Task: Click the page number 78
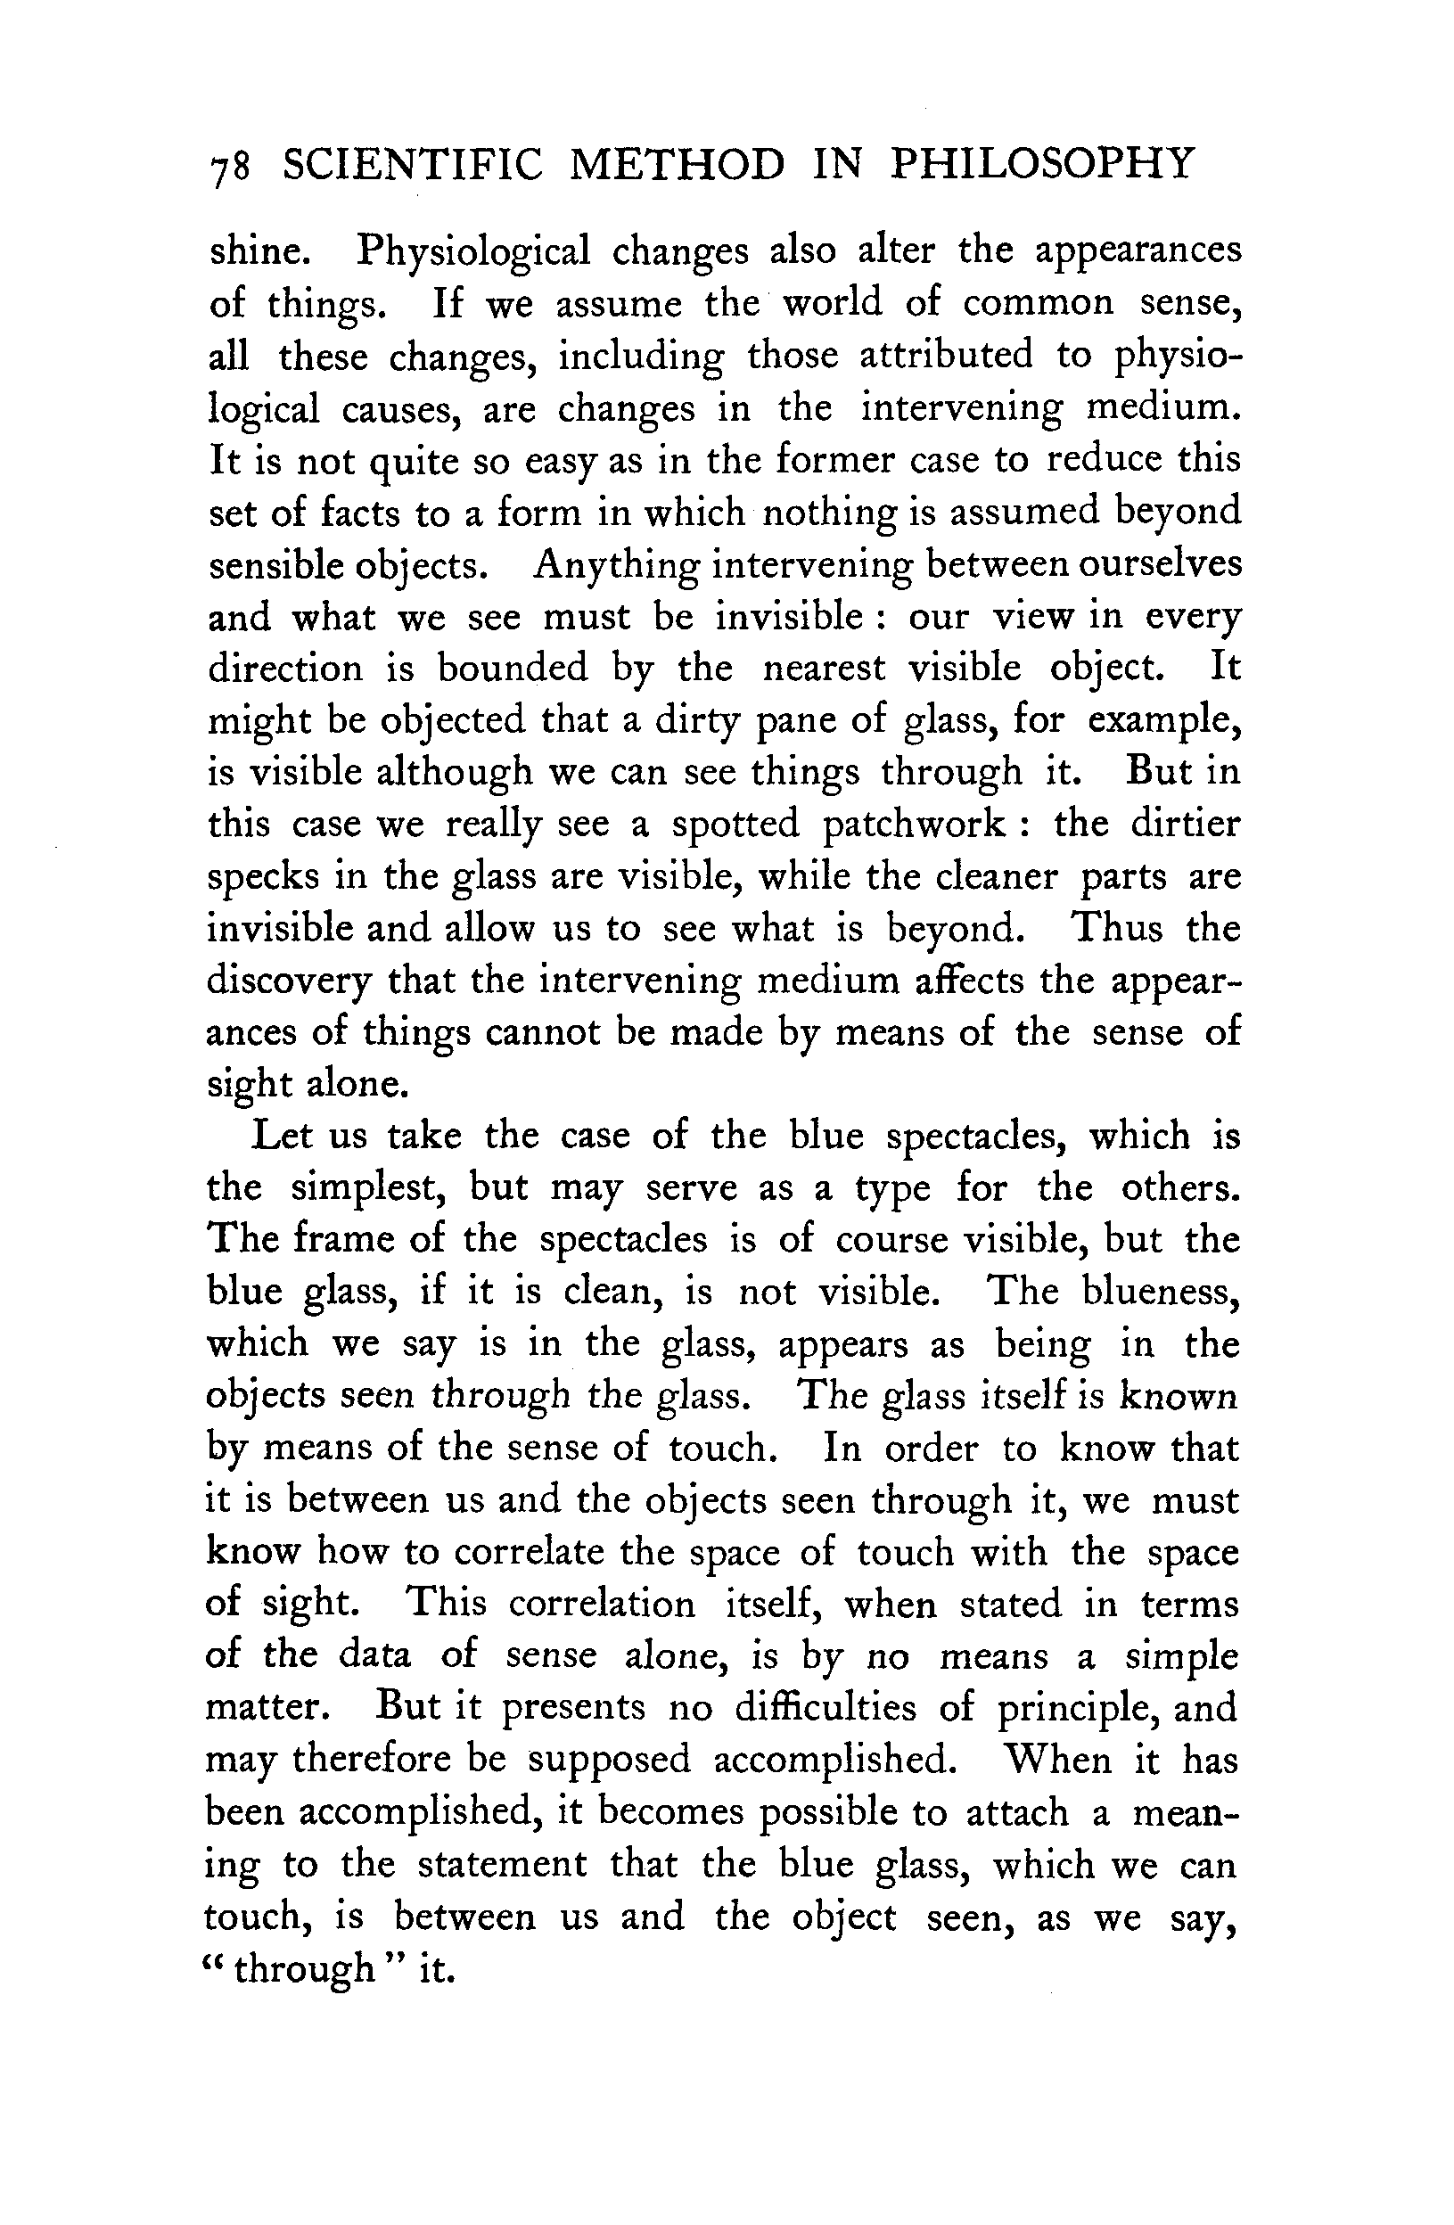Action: pos(230,168)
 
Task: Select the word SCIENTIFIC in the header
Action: pos(412,166)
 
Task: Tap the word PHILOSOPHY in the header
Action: pos(1040,164)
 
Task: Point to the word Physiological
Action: pos(474,252)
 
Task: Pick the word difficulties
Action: pos(825,1708)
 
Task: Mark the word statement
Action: pos(501,1865)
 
